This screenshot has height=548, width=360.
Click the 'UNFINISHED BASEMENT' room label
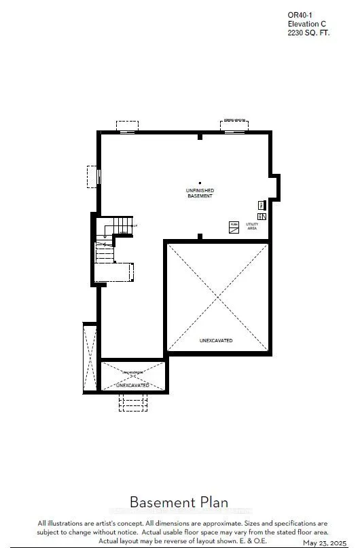(200, 193)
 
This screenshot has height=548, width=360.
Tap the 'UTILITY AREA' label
(252, 226)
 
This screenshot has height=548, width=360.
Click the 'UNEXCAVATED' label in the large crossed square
(216, 340)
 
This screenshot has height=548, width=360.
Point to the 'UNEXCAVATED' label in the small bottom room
(132, 385)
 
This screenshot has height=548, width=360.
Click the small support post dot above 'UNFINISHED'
(200, 182)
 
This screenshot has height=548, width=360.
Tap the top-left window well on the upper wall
(127, 127)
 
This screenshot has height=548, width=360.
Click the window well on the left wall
(93, 177)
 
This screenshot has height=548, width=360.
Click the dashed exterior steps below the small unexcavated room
(132, 402)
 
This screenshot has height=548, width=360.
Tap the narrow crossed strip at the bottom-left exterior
(90, 358)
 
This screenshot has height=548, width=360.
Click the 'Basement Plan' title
(179, 503)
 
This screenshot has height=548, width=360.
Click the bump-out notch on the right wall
(274, 186)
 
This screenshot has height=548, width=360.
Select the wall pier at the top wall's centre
(200, 136)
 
